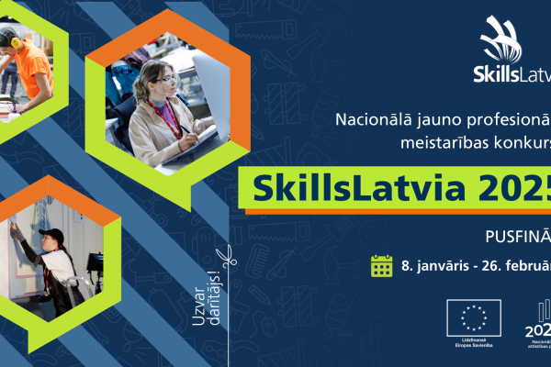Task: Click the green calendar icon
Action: (381, 266)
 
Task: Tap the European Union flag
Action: (474, 317)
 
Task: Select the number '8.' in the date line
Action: (409, 267)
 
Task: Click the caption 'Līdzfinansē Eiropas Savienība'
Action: (474, 343)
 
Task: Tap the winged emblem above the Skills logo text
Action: (503, 38)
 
